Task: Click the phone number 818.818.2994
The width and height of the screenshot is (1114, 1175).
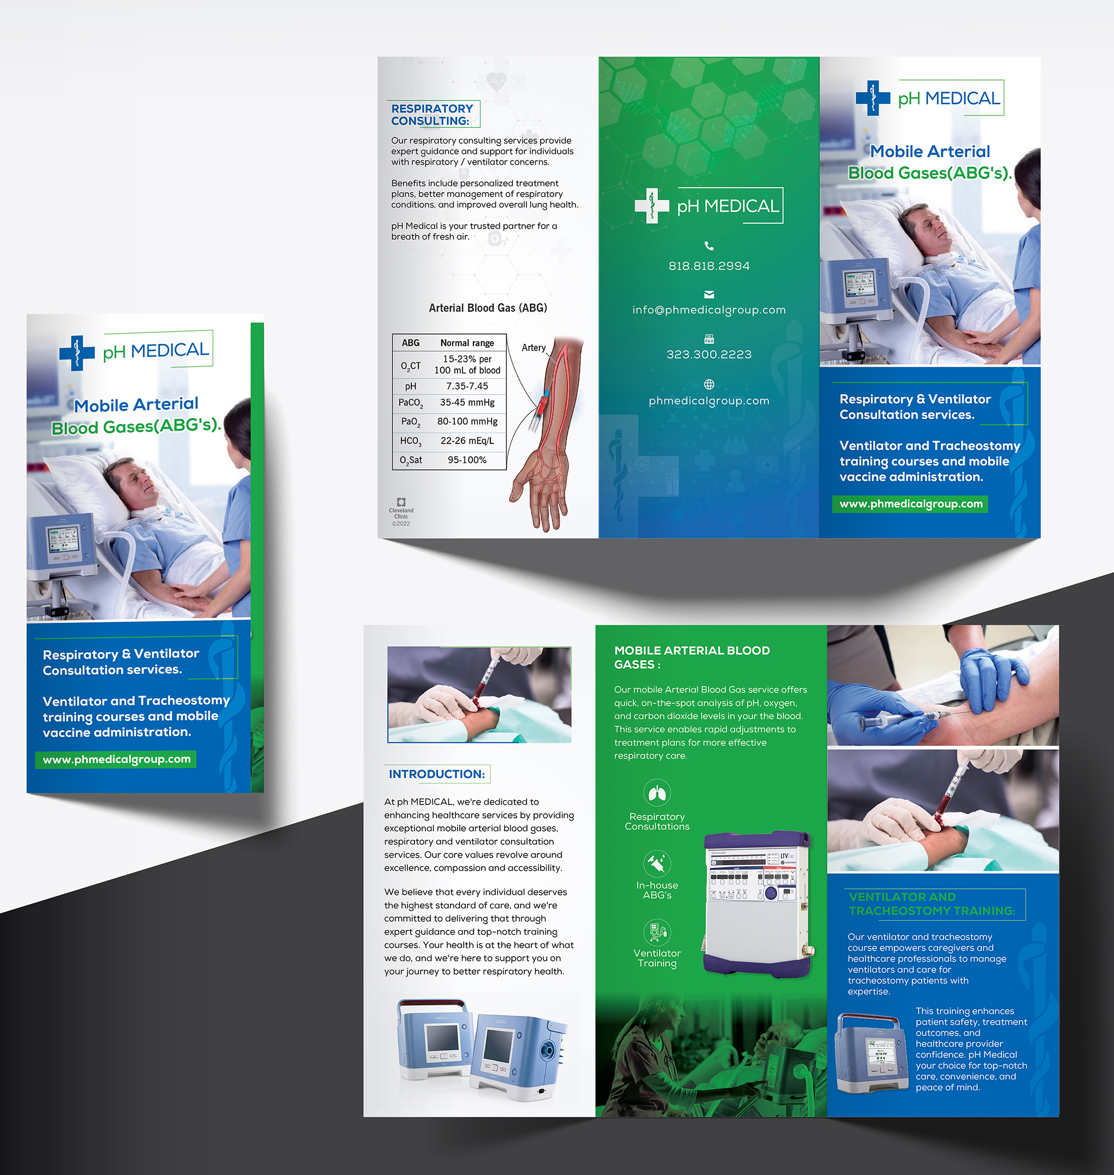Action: point(709,266)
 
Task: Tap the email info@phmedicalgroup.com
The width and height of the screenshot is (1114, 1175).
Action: point(709,310)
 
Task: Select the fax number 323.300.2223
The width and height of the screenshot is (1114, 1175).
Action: point(709,354)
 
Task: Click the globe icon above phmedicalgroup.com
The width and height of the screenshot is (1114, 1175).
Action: point(709,385)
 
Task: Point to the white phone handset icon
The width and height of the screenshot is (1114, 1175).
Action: point(709,246)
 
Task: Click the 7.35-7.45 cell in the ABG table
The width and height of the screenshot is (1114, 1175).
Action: point(467,386)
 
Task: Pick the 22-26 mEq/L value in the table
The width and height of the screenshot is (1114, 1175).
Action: point(467,441)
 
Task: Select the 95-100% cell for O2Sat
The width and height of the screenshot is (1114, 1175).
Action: point(467,460)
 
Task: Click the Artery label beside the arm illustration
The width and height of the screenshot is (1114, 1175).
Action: point(534,348)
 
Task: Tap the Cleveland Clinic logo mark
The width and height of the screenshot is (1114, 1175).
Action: point(401,502)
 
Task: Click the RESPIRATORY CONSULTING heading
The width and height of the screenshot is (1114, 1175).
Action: point(432,115)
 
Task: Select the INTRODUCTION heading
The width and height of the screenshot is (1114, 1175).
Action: point(436,774)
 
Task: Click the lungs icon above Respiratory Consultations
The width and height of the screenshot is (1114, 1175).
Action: point(657,793)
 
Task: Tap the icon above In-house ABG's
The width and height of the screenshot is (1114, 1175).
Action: point(657,863)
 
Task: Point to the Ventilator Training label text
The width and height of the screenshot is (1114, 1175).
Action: point(657,958)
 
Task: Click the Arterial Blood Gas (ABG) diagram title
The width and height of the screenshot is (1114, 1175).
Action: point(488,308)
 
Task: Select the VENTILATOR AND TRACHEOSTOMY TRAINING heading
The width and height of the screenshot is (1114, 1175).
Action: point(932,904)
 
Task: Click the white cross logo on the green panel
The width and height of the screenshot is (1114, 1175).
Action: point(652,205)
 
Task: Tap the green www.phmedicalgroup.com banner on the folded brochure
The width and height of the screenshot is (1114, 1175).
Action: point(116,759)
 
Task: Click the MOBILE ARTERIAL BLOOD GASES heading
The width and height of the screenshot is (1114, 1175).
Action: point(692,657)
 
